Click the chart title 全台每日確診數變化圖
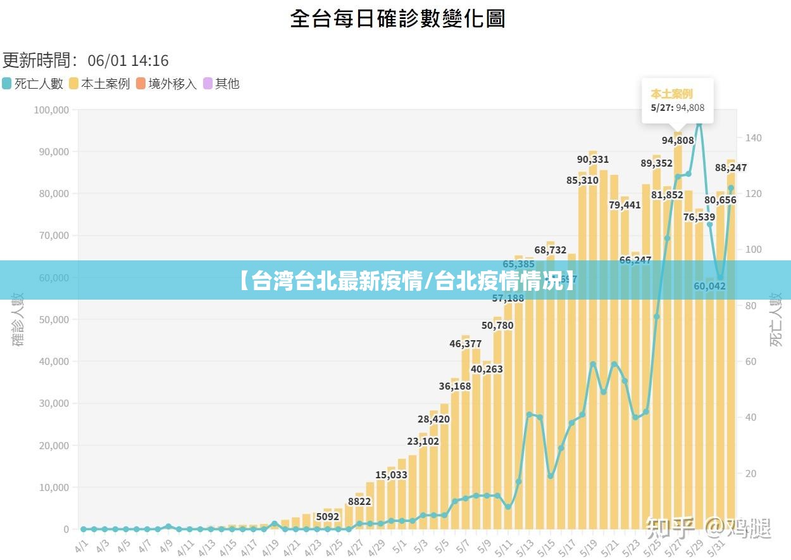pos(397,18)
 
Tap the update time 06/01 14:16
pos(128,61)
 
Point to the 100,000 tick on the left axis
pos(51,110)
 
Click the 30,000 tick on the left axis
pos(53,404)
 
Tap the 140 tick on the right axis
pos(754,138)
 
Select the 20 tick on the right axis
pos(751,474)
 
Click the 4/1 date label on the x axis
pos(82,545)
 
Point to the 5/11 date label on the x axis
pos(505,545)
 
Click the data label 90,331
pos(592,160)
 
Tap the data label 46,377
pos(465,344)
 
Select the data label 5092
pos(327,517)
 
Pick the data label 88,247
pos(730,168)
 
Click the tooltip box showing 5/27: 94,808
pos(677,101)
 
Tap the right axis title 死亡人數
pos(776,319)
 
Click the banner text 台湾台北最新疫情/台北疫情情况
pos(408,280)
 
